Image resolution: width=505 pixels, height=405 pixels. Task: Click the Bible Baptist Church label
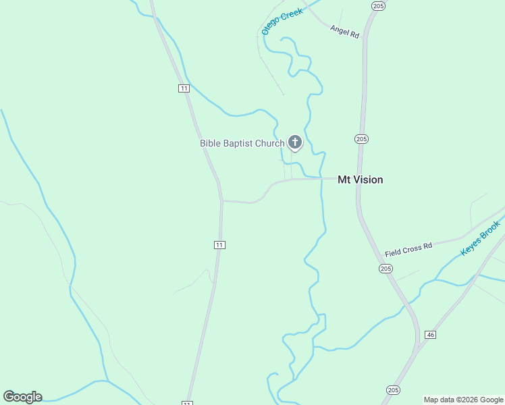click(242, 143)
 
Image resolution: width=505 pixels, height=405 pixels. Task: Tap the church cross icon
click(295, 142)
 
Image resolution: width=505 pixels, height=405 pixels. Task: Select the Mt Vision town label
click(360, 180)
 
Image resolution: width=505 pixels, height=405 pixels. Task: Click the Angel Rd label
click(344, 31)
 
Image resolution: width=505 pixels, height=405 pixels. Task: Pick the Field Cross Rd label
click(408, 250)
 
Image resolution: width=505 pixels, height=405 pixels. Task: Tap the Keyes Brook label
click(481, 238)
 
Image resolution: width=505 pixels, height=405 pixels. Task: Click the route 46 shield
click(430, 335)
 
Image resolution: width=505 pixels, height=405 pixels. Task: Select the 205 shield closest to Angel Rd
click(377, 5)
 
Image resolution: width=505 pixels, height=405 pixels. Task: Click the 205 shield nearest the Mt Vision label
click(361, 138)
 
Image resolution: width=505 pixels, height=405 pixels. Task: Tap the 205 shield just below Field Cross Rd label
click(386, 268)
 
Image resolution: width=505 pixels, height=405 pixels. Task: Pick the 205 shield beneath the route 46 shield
click(394, 389)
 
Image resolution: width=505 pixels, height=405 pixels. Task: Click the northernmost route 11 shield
click(184, 88)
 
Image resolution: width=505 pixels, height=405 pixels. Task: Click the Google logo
click(22, 397)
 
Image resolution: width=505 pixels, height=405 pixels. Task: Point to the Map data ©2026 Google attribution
click(463, 400)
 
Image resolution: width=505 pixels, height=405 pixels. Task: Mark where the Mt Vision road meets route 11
click(222, 200)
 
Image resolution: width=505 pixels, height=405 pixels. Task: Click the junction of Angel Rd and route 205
click(365, 38)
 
